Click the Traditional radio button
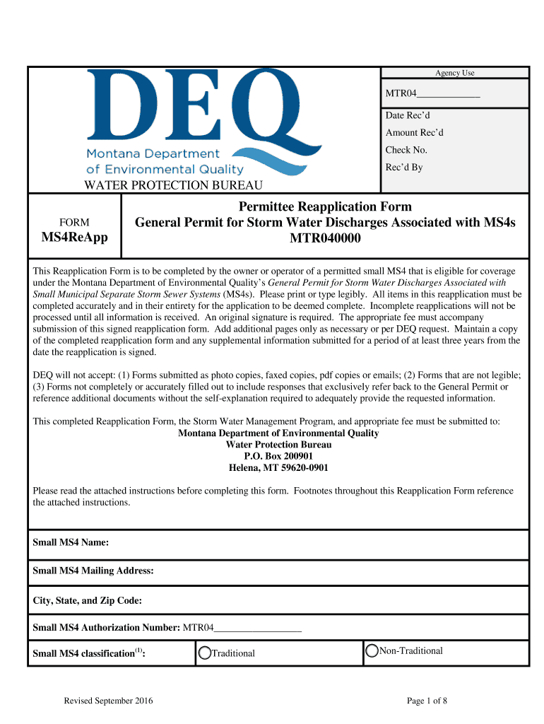pos(205,653)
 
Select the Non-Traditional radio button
pos(372,651)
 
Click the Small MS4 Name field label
pos(71,543)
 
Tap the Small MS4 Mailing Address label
pos(93,571)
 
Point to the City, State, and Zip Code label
pos(88,600)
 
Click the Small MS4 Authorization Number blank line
pos(257,628)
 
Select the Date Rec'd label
pos(407,115)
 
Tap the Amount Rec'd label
pos(414,133)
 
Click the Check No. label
pos(406,150)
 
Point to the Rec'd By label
pos(403,168)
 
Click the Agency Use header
pos(454,73)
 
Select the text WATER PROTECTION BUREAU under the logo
pos(174,185)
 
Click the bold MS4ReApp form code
pos(74,238)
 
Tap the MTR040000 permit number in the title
pos(325,238)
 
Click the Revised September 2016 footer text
pos(108,701)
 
